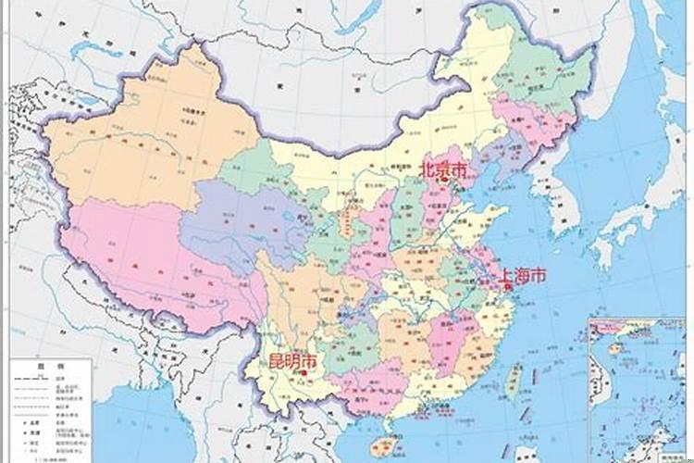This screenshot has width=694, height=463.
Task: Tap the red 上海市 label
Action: pyautogui.click(x=523, y=275)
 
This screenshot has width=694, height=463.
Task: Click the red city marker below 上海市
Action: pyautogui.click(x=508, y=287)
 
